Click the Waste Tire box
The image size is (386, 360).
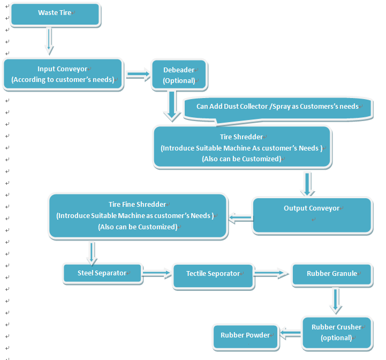click(55, 14)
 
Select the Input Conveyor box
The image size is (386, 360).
click(63, 74)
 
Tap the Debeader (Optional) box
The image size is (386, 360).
click(179, 74)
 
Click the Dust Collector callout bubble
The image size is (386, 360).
click(278, 109)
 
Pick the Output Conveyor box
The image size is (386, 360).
click(312, 215)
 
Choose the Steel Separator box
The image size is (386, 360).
click(102, 273)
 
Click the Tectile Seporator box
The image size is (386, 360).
click(213, 276)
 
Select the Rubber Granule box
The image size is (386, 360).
click(331, 274)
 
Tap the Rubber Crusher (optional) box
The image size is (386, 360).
click(337, 333)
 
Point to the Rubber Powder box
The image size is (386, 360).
click(245, 336)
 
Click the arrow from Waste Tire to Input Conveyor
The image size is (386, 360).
click(49, 41)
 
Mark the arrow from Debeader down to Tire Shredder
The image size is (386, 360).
click(172, 106)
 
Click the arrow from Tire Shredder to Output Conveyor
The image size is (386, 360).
click(307, 184)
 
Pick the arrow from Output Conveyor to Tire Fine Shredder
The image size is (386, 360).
click(241, 218)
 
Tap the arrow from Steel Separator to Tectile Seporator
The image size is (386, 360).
click(156, 273)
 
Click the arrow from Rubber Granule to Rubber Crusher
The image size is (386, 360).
click(336, 301)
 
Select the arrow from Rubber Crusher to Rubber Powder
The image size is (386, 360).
click(291, 333)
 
